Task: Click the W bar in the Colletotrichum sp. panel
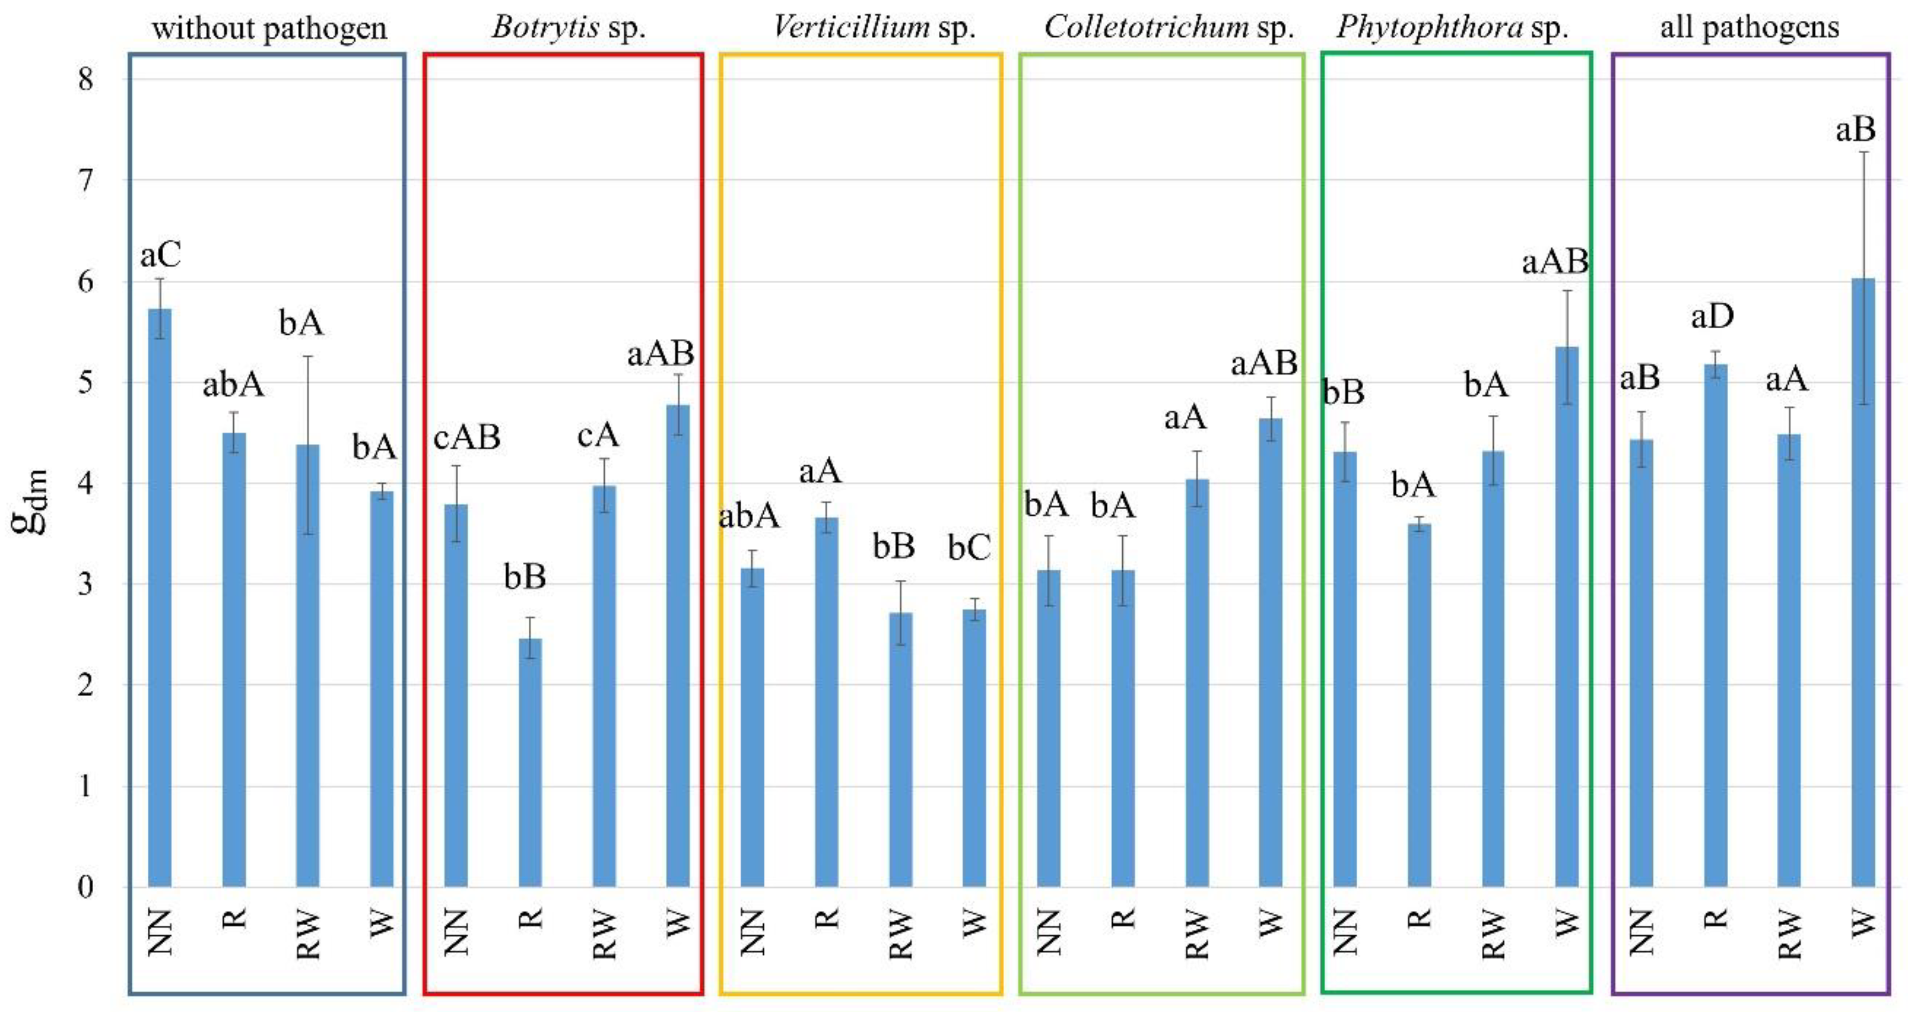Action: click(x=1270, y=652)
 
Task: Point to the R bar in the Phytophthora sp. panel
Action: click(x=1418, y=704)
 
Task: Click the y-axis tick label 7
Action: click(x=86, y=180)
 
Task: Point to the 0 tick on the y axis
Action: click(x=86, y=887)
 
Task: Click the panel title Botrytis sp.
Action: click(x=568, y=28)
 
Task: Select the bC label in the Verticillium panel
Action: click(x=969, y=548)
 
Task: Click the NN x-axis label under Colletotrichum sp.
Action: click(x=1048, y=932)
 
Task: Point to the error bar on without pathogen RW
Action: click(x=308, y=444)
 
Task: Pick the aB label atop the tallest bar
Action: click(x=1856, y=131)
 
